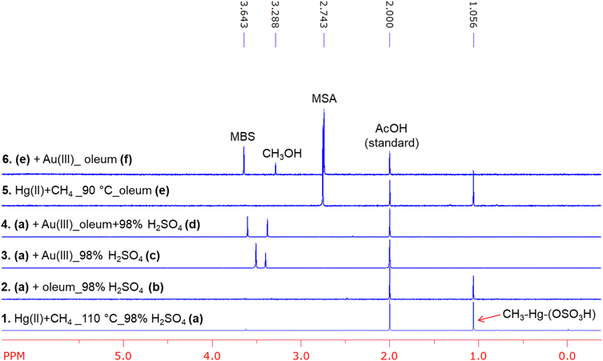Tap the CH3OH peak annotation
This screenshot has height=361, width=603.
[x=282, y=153]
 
